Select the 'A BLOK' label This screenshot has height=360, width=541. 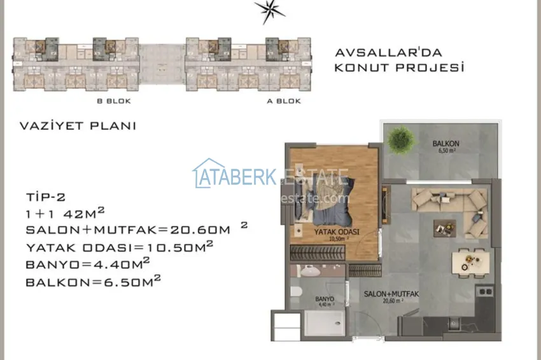point(283,101)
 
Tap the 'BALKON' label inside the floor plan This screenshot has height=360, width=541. point(446,144)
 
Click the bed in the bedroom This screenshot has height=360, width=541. point(331,197)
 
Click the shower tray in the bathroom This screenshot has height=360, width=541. point(326,323)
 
